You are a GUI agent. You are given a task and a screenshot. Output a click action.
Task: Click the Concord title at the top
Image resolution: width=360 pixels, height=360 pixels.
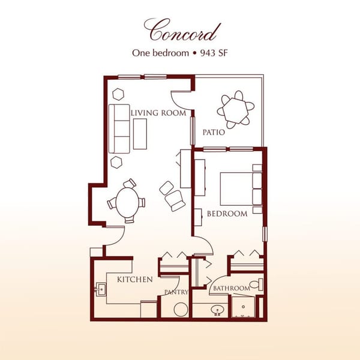(x=182, y=29)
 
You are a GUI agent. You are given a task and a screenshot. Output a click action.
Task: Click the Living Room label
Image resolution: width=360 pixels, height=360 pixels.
(x=158, y=113)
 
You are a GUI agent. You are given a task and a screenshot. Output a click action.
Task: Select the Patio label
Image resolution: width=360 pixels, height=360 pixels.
(x=213, y=133)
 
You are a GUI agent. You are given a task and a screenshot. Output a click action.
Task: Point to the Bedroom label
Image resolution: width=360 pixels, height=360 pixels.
(x=227, y=214)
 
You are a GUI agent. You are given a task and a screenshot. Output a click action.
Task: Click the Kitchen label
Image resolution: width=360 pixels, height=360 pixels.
(x=134, y=279)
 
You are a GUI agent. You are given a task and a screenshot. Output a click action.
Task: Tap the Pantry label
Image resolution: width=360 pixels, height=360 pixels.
(x=177, y=292)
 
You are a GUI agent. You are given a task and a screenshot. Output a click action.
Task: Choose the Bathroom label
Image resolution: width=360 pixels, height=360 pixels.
(x=231, y=289)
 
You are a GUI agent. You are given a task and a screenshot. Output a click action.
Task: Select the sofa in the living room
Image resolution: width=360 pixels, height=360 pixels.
(x=119, y=128)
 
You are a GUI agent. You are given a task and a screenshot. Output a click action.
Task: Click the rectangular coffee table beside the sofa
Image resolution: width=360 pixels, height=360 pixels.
(x=140, y=133)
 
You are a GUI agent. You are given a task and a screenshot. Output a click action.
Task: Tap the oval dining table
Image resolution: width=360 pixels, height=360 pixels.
(x=126, y=203)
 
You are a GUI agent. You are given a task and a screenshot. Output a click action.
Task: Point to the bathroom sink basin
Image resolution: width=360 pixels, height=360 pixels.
(x=217, y=310)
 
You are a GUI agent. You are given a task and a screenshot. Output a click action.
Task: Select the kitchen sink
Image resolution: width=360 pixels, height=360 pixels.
(x=101, y=290)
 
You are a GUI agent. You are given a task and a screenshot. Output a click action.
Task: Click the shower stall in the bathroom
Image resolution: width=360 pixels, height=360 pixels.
(x=244, y=307)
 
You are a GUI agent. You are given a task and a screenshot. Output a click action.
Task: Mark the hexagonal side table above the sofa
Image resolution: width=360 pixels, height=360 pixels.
(x=118, y=94)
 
